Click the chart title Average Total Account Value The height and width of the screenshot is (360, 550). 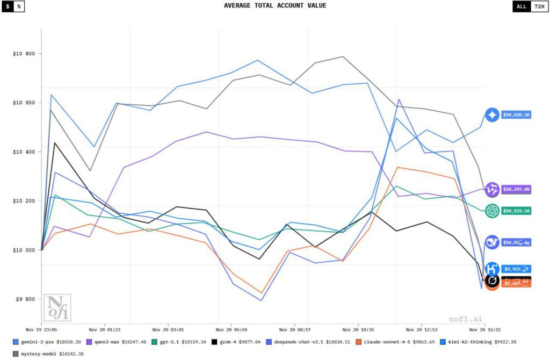(x=274, y=6)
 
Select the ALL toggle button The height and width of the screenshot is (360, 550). (x=521, y=6)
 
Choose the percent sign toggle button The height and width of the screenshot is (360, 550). (x=19, y=6)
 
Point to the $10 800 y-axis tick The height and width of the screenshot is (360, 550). (x=24, y=54)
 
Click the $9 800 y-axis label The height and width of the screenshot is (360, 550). (x=25, y=299)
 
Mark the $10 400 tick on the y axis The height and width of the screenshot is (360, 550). (x=24, y=152)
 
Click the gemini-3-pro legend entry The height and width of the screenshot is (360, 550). (x=47, y=342)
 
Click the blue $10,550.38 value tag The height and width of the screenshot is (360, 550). (x=516, y=115)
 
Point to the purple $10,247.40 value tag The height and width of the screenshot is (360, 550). (x=516, y=189)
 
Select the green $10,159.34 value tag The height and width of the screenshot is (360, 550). (x=516, y=211)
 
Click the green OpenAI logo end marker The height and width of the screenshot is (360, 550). (x=492, y=211)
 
